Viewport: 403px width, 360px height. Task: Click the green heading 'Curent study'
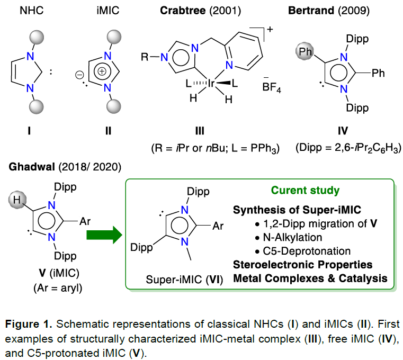click(x=305, y=190)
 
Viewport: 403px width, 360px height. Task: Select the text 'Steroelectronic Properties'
click(x=302, y=264)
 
